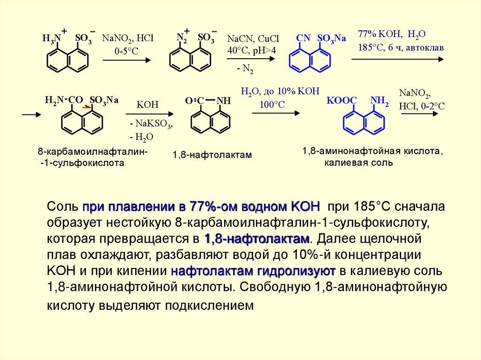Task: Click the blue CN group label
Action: [x=303, y=38]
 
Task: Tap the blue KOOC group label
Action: [x=341, y=100]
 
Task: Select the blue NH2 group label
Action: [x=379, y=100]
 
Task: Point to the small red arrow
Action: [x=87, y=107]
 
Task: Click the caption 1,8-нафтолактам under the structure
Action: [x=212, y=154]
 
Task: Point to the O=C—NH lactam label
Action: [x=208, y=100]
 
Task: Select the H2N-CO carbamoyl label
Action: [x=64, y=100]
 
